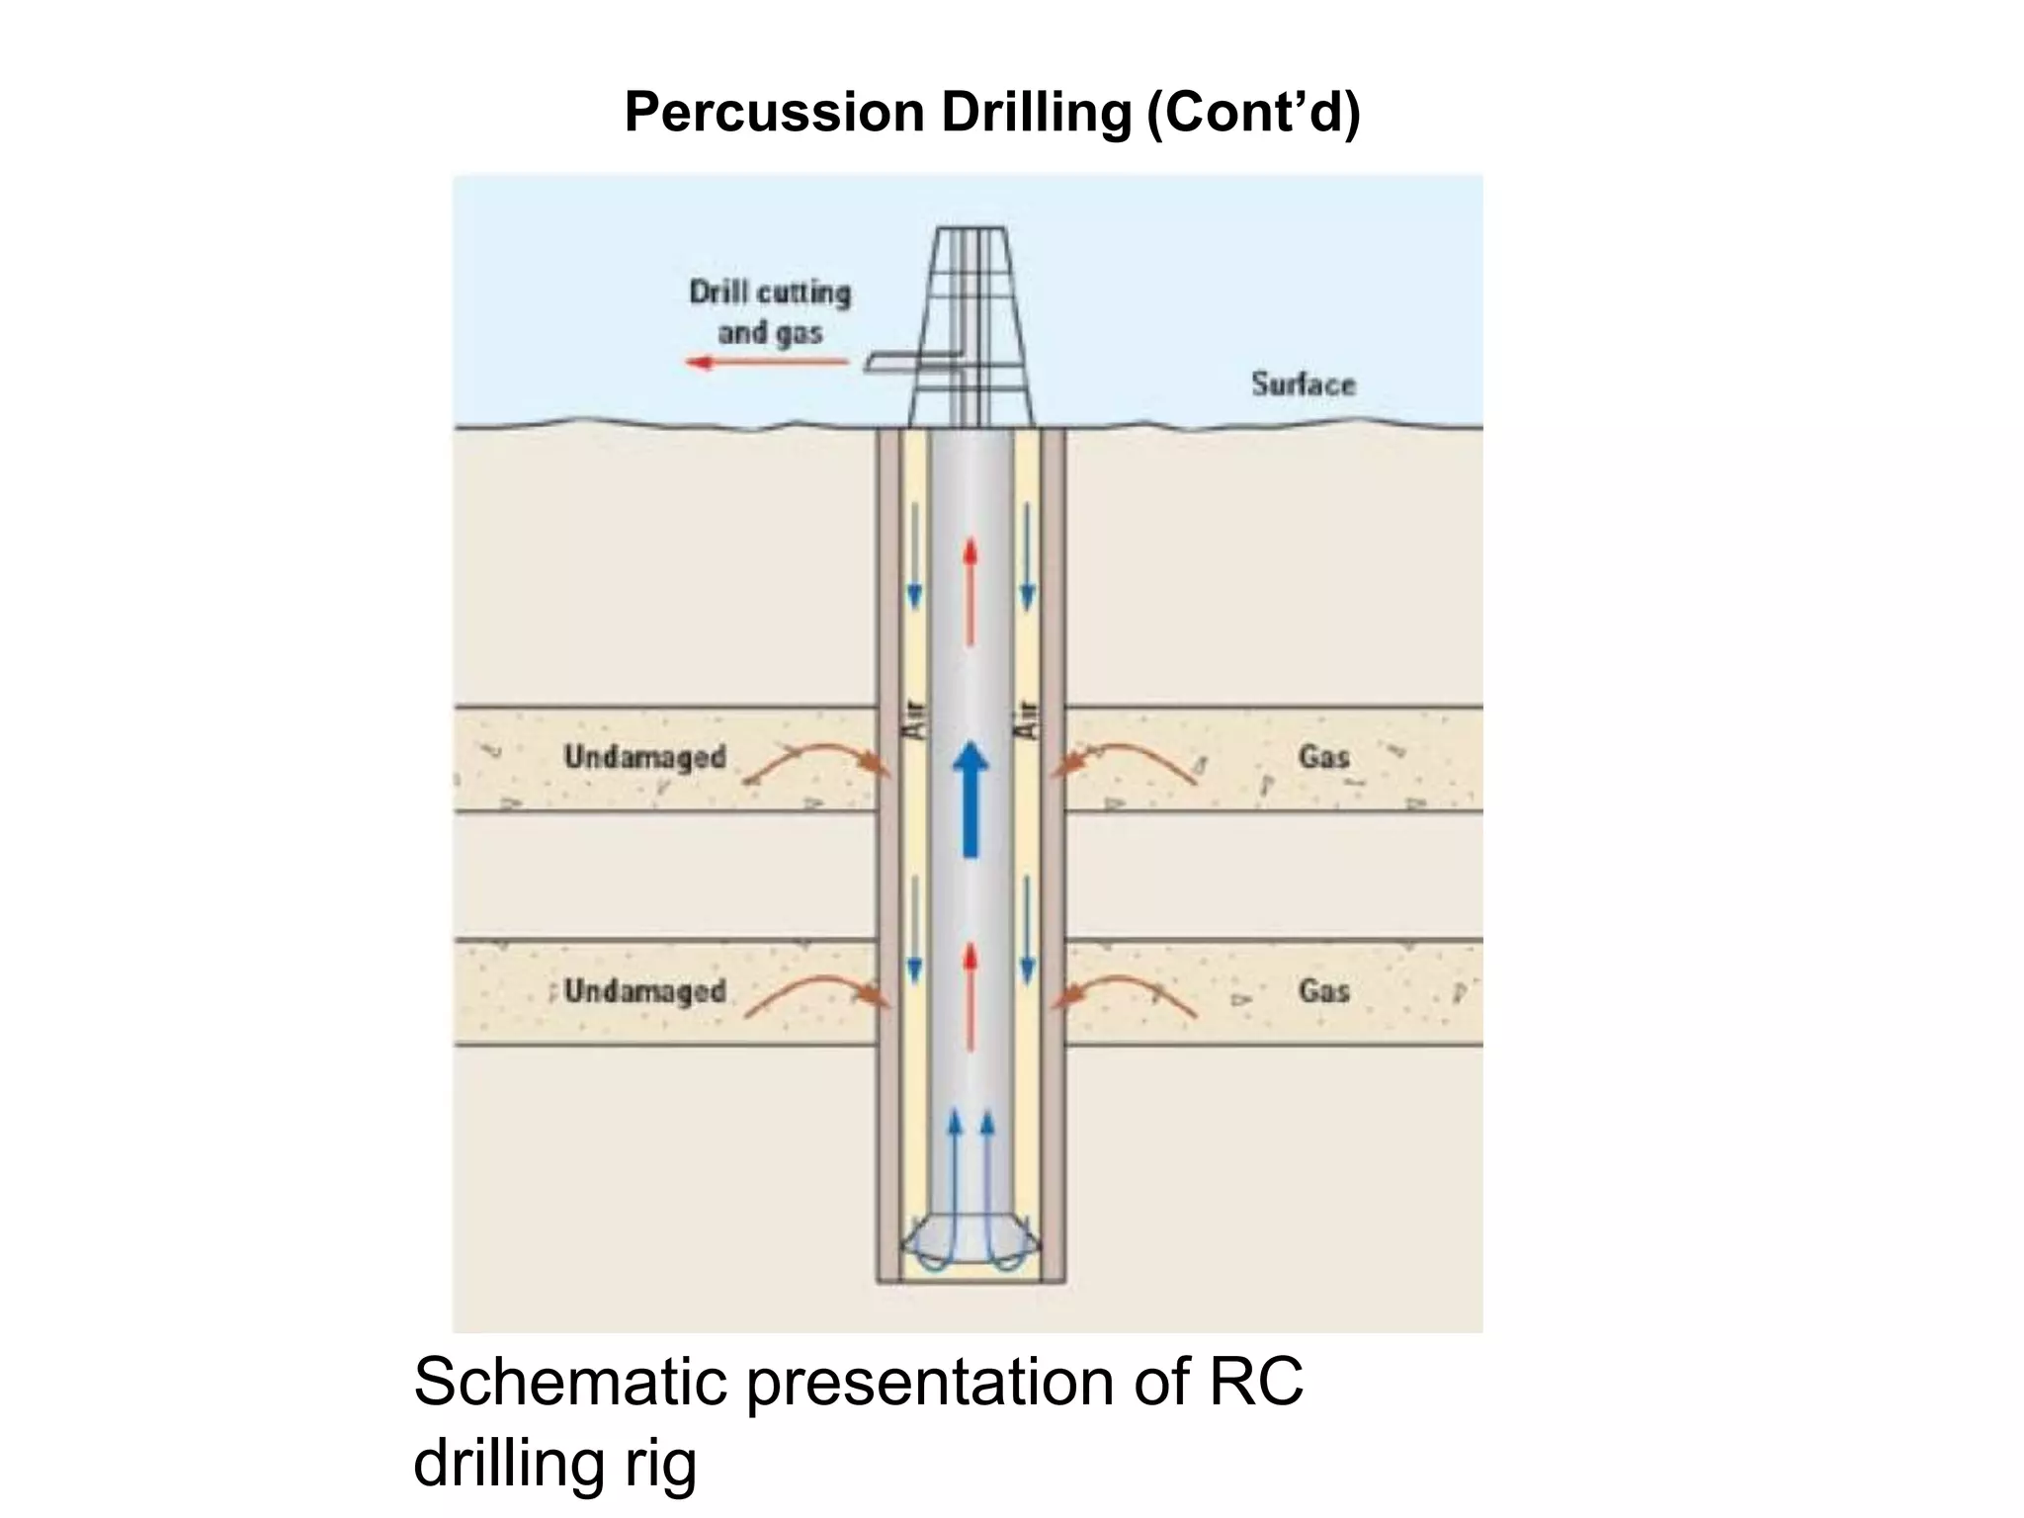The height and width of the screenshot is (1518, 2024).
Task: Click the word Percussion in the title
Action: (x=774, y=113)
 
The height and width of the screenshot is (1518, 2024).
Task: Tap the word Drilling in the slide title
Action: (x=1035, y=113)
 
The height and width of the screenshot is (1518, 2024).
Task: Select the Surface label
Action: (x=1303, y=384)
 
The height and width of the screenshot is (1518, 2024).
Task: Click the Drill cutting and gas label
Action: (x=770, y=312)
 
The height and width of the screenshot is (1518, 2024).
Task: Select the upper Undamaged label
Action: (x=644, y=757)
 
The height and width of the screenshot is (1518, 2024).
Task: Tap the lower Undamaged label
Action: (x=644, y=990)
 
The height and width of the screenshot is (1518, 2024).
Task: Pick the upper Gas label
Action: (x=1323, y=757)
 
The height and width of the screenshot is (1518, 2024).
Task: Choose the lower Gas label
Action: (x=1323, y=990)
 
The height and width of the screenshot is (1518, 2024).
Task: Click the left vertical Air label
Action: (x=915, y=718)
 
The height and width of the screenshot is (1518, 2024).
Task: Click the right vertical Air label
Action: (x=1028, y=718)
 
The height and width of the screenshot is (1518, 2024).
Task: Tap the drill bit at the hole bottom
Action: (x=970, y=1247)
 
